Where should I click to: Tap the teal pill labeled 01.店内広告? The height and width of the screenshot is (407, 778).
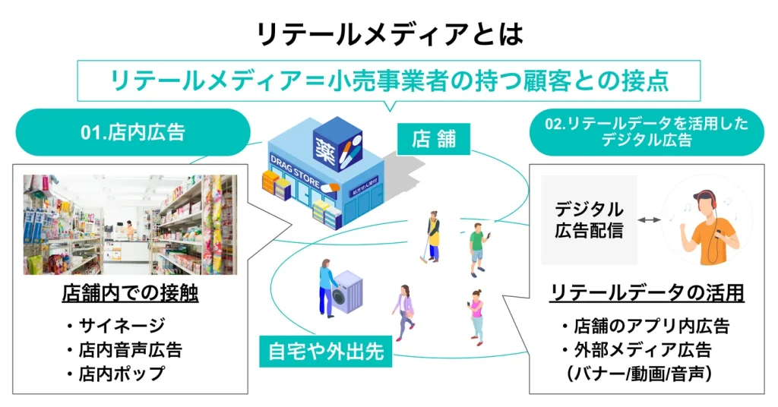coord(133,133)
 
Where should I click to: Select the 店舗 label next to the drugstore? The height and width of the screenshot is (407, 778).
coord(432,139)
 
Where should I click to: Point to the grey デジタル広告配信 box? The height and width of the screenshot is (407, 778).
coord(589,220)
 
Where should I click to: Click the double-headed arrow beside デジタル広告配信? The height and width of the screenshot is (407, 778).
coord(649,220)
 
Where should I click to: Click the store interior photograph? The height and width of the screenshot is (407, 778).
coord(130,225)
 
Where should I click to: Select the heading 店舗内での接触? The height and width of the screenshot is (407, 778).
coord(130,294)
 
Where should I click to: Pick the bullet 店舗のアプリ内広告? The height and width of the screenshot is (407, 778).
coord(645,327)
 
